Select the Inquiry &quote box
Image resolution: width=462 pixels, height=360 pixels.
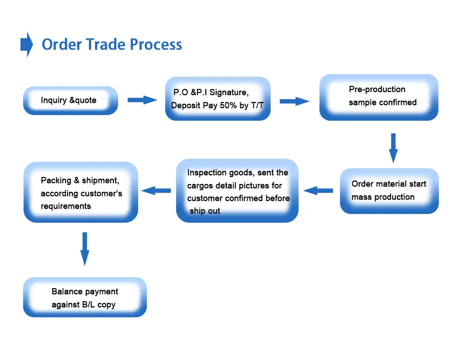(70, 101)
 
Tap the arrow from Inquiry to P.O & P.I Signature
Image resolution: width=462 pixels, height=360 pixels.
(142, 100)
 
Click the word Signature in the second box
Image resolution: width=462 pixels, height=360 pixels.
(229, 92)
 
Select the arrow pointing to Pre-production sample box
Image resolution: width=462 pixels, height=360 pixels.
(294, 101)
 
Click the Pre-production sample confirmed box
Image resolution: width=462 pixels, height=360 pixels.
(378, 97)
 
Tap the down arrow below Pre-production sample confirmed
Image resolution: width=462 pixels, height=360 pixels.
(393, 148)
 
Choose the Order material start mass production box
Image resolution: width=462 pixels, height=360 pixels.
(389, 191)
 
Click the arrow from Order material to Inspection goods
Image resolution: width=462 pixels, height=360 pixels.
(318, 190)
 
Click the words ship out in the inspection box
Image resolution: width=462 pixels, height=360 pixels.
(205, 211)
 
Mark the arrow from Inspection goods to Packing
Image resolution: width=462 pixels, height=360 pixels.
(156, 190)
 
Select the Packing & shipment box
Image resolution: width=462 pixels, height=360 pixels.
(81, 192)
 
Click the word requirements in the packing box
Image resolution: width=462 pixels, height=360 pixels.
(66, 206)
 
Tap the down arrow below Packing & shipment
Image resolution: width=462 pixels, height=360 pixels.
(85, 248)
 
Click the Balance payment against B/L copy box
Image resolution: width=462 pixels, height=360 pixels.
(85, 297)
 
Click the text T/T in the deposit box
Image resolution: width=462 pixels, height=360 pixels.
(257, 105)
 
